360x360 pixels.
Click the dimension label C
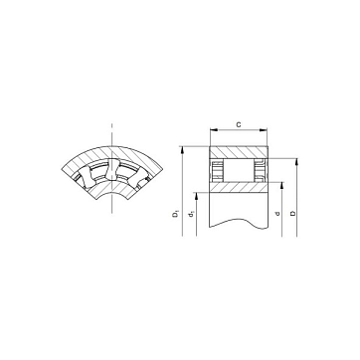click(x=238, y=124)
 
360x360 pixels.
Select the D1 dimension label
click(x=175, y=214)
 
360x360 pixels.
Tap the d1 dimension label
click(x=191, y=215)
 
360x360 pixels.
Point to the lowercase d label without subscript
click(x=277, y=214)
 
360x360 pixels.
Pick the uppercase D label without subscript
click(x=292, y=213)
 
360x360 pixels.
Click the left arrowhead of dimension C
click(x=214, y=130)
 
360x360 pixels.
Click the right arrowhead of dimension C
click(x=264, y=130)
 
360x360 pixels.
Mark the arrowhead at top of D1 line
click(x=182, y=150)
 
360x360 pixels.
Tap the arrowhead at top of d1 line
click(x=196, y=196)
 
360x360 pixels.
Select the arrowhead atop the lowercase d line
click(x=281, y=186)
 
